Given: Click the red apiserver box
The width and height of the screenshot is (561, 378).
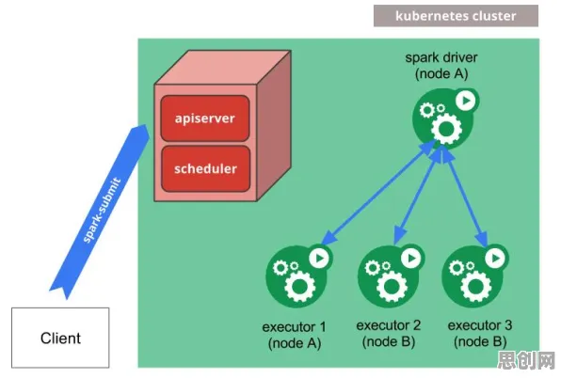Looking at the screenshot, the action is point(205,118).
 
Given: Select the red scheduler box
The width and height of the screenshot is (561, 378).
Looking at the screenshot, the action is point(206,168).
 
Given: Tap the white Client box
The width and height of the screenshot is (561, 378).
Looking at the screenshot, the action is point(60,338).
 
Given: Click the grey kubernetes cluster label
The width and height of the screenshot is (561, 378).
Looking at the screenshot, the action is point(456,16).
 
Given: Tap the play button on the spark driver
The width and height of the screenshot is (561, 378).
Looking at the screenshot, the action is point(466,101).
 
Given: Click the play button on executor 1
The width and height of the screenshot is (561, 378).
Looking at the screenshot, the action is point(319,258).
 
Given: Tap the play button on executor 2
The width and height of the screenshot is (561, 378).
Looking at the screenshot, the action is point(411,258).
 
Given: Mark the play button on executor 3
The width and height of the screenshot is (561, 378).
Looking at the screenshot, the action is point(495,258).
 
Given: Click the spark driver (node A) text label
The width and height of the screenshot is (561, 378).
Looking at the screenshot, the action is point(441,66).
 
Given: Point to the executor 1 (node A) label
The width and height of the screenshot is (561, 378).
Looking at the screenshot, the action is point(295,335).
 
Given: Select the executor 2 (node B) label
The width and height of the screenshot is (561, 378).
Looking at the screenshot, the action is point(389,334).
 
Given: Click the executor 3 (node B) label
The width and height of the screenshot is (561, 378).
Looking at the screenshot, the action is point(480,334).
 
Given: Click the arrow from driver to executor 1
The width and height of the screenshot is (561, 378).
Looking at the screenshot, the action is point(378,193).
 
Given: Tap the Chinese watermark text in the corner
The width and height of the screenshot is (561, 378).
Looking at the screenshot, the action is point(526,360).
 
